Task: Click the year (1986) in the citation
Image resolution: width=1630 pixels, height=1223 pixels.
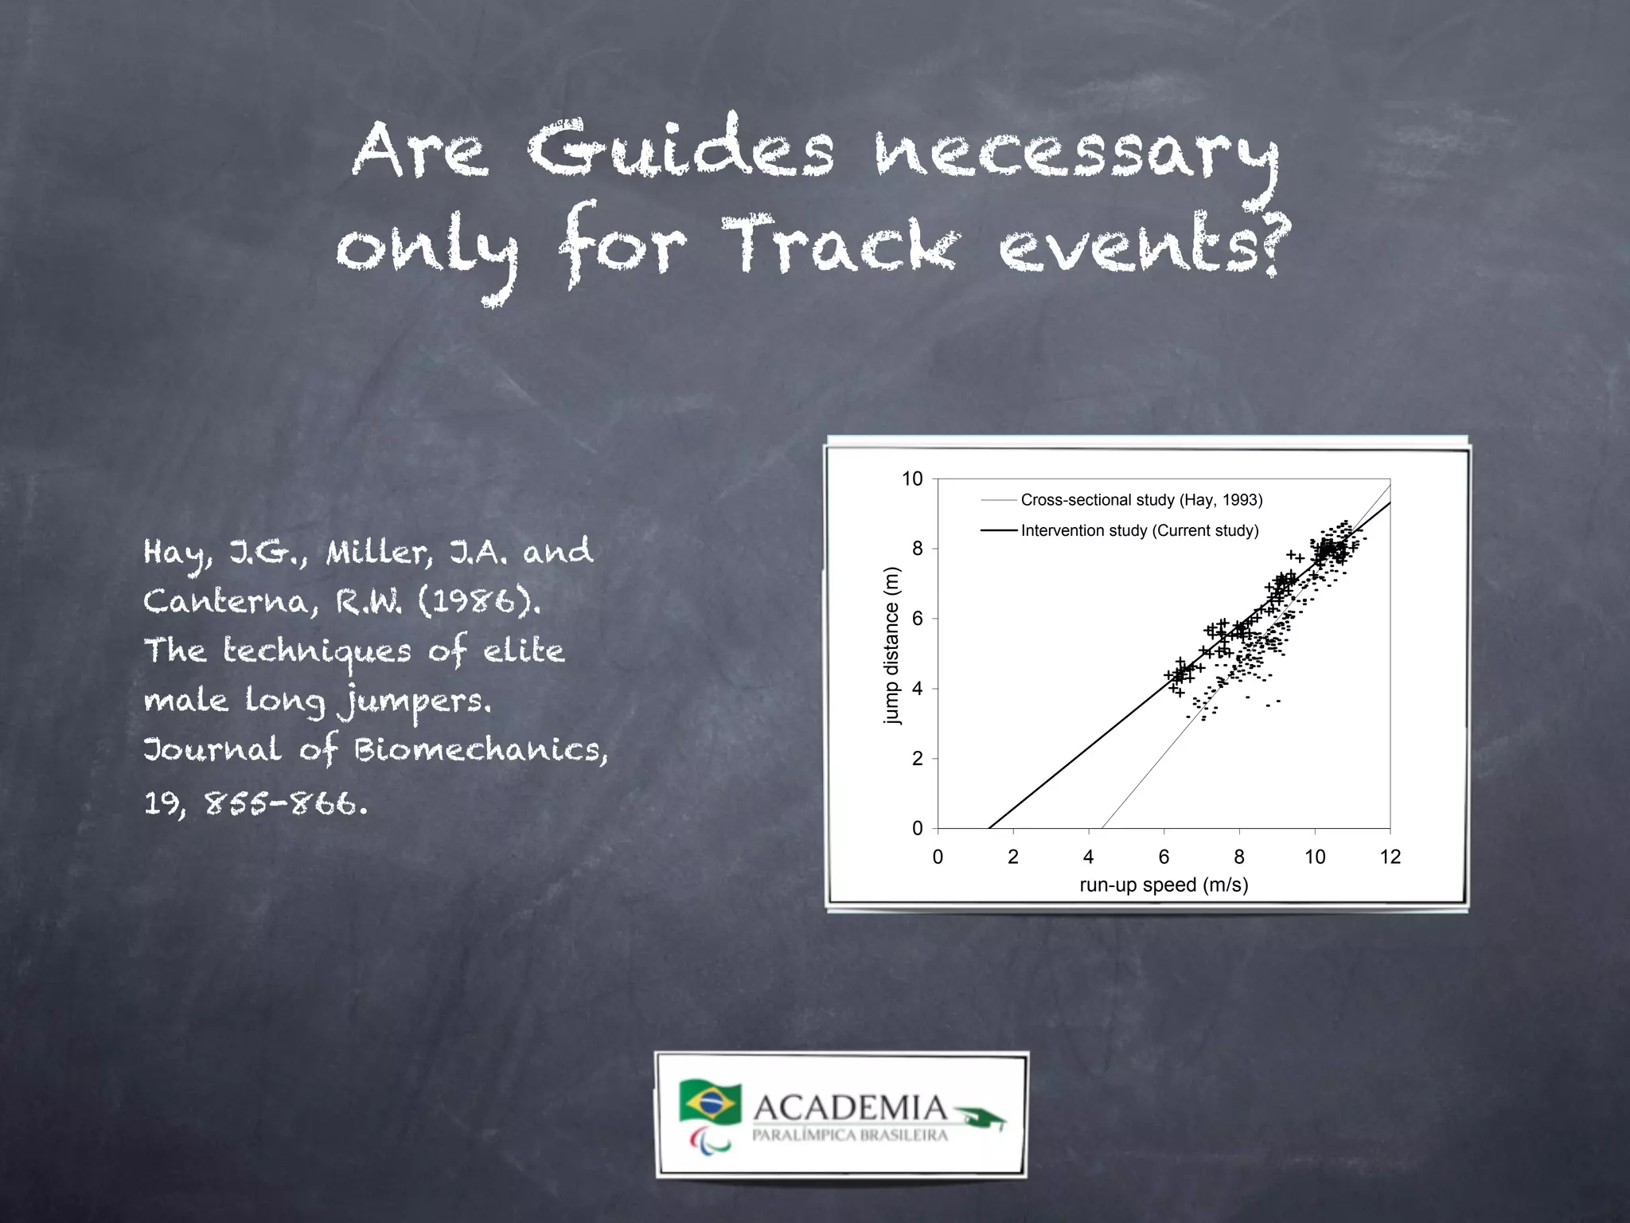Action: (x=479, y=601)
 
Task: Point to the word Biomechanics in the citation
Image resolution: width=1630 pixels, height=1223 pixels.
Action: (x=480, y=750)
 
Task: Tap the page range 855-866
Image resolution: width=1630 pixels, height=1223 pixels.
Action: (x=287, y=803)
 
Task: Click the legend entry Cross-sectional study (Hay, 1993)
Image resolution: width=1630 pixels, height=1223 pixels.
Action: (x=1141, y=500)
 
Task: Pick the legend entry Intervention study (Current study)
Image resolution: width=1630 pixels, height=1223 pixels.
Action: (x=1139, y=530)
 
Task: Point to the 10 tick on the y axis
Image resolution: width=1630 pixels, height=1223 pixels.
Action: (x=912, y=479)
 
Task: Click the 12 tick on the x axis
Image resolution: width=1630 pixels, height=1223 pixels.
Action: (x=1390, y=857)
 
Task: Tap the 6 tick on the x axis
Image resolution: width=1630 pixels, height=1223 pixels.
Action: (x=1164, y=857)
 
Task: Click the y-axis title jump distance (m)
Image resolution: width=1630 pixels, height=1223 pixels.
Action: (x=891, y=645)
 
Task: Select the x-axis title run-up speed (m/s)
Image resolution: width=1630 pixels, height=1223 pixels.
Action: (x=1164, y=885)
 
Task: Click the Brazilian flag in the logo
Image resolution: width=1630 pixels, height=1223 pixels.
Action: (x=710, y=1101)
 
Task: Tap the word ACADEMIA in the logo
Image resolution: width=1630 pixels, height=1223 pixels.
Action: (x=850, y=1108)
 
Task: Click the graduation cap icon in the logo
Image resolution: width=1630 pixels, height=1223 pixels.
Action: (x=981, y=1116)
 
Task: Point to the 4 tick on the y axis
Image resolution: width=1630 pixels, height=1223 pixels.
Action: (x=918, y=689)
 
